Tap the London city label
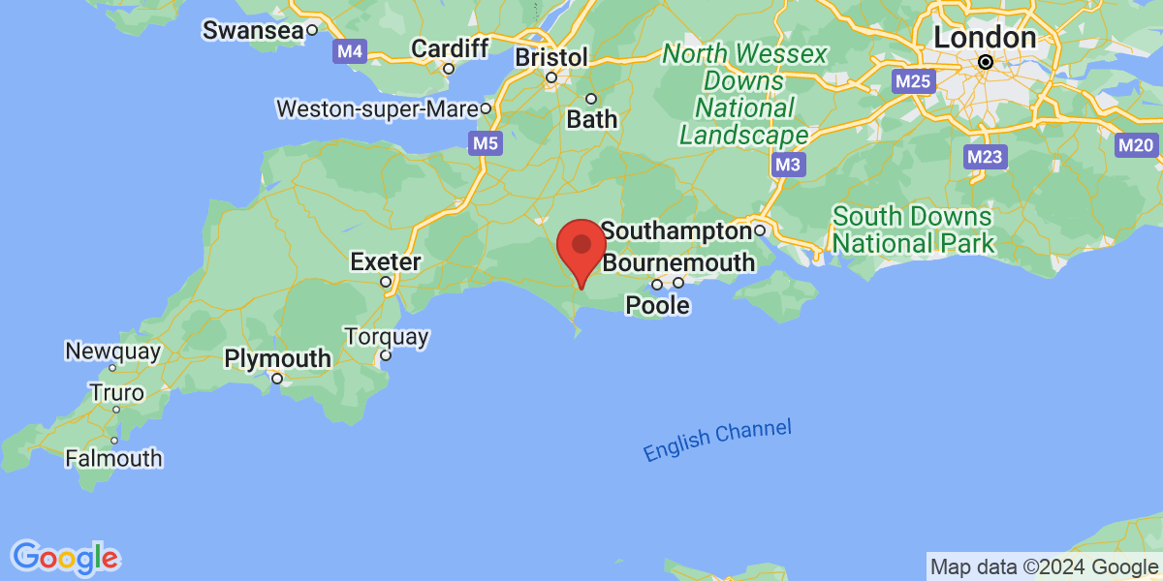pyautogui.click(x=985, y=38)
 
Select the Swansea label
pyautogui.click(x=252, y=30)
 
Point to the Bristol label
pyautogui.click(x=551, y=57)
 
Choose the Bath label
pyautogui.click(x=591, y=119)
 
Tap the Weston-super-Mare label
pyautogui.click(x=379, y=108)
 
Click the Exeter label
pyautogui.click(x=386, y=261)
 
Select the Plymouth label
pyautogui.click(x=277, y=359)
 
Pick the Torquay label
pyautogui.click(x=386, y=337)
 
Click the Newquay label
pyautogui.click(x=112, y=351)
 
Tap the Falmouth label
pyautogui.click(x=114, y=458)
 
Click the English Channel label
pyautogui.click(x=717, y=441)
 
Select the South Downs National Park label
pyautogui.click(x=913, y=229)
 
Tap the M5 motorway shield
pyautogui.click(x=486, y=144)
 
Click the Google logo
pyautogui.click(x=65, y=558)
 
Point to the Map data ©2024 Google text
pyautogui.click(x=1043, y=567)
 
